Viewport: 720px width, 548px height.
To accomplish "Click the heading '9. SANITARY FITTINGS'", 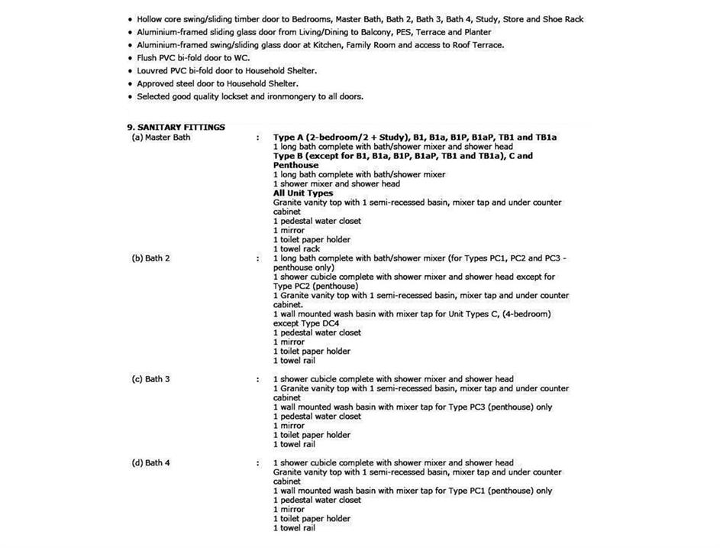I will click(176, 127).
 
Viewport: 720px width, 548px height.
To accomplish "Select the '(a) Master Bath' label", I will click(160, 138).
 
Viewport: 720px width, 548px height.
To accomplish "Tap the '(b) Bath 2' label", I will click(150, 258).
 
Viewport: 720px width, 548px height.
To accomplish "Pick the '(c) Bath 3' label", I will click(150, 379).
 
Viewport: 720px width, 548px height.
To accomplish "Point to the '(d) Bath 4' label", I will click(150, 462).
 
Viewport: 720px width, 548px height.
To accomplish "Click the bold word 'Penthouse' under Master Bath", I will click(295, 165).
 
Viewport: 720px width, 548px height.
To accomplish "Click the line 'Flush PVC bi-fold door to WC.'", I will click(195, 58).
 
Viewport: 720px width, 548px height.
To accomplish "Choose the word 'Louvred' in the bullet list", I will click(153, 70).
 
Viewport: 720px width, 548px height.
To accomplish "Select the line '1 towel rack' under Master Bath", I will click(296, 248).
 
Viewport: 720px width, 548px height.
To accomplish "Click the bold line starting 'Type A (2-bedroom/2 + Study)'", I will click(415, 138).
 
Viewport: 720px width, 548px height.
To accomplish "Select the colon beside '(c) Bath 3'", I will click(258, 379).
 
